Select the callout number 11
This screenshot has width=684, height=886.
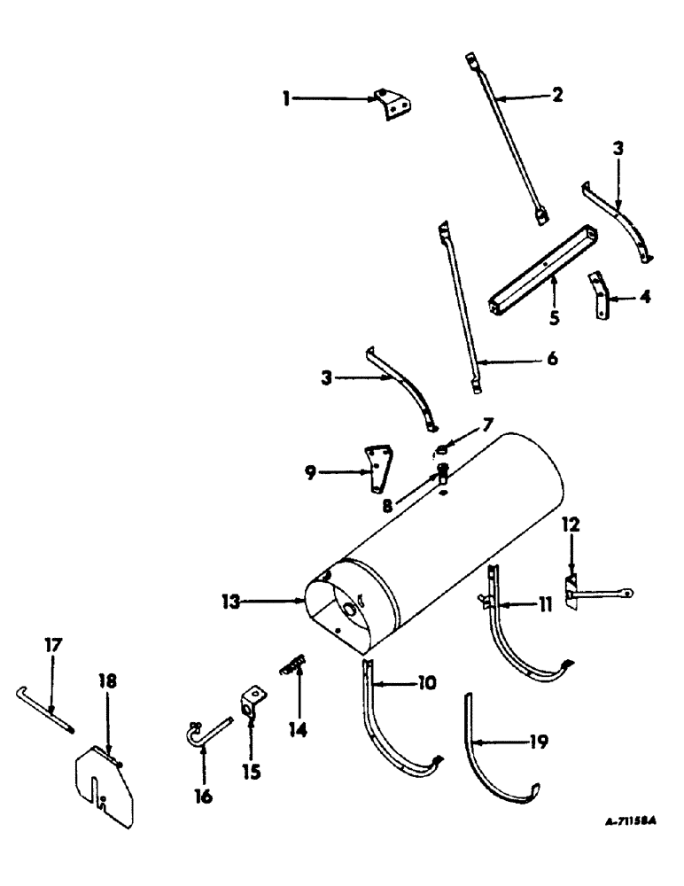[x=545, y=604]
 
